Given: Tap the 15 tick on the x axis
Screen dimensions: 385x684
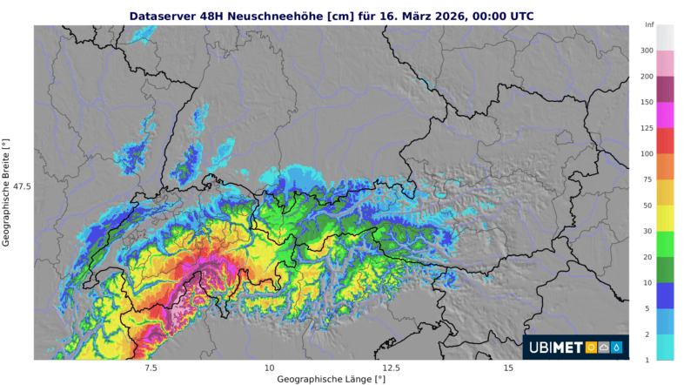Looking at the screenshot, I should click(508, 368).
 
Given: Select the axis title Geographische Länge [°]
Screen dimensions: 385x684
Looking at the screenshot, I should click(331, 380).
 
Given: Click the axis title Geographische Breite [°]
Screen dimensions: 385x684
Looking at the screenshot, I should click(6, 192).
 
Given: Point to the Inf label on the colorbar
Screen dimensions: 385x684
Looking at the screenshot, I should click(649, 24).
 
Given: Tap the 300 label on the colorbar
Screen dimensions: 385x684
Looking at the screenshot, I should click(647, 51).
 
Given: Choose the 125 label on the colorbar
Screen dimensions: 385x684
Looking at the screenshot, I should click(647, 128).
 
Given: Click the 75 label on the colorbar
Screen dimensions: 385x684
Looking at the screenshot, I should click(647, 179).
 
